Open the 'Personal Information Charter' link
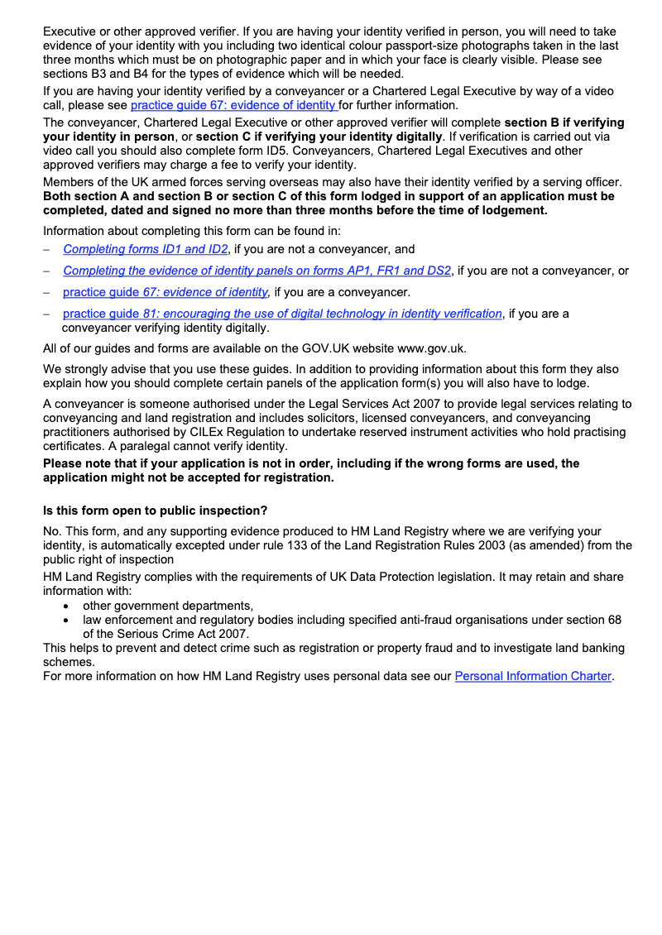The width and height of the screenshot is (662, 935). pyautogui.click(x=533, y=676)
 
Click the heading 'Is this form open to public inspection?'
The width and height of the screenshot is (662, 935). pyautogui.click(x=155, y=511)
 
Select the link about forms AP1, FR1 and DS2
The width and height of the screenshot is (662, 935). pyautogui.click(x=257, y=271)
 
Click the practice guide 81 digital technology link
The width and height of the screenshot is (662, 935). pyautogui.click(x=282, y=314)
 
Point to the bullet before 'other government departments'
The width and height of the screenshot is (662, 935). pyautogui.click(x=66, y=606)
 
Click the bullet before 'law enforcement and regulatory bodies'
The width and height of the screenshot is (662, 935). pyautogui.click(x=66, y=620)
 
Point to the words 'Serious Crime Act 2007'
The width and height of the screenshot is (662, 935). pyautogui.click(x=184, y=633)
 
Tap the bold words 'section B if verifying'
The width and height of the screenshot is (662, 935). pyautogui.click(x=564, y=122)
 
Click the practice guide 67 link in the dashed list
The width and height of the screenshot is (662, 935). pyautogui.click(x=165, y=292)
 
